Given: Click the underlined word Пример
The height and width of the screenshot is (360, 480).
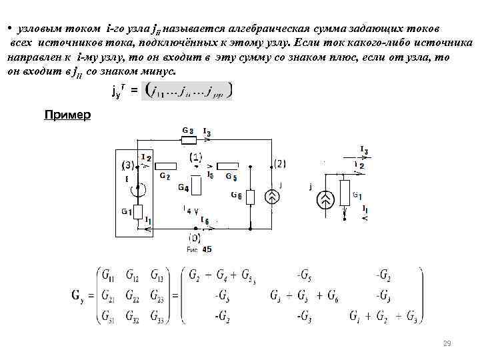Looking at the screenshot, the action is coord(67,115).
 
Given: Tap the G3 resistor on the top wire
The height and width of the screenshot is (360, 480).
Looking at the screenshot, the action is coord(189,140).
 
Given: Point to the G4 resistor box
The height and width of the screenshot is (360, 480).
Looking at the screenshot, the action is coord(195,184).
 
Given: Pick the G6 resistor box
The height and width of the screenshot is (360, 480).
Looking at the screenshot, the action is coord(250,197).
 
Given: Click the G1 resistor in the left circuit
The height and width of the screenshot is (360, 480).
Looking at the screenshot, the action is coord(138,212).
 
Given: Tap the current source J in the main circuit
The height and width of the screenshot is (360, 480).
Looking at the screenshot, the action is coord(272,196).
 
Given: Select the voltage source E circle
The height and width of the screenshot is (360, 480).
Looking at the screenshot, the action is coord(139,190).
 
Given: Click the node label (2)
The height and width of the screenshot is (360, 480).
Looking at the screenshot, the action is coord(280,163).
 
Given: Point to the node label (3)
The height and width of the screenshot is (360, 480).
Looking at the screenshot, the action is coord(127,165).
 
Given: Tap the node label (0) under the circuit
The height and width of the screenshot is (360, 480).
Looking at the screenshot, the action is coord(194,237).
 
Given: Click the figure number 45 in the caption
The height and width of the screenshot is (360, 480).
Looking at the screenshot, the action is coord(207,249).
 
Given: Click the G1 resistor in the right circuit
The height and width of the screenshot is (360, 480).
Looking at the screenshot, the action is coord(344,193).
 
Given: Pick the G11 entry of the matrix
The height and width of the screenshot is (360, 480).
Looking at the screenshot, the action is coord(107,273).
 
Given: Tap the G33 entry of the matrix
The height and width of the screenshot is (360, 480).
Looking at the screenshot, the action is coord(157,315).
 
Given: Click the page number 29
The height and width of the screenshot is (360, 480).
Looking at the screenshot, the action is coord(447,344).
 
